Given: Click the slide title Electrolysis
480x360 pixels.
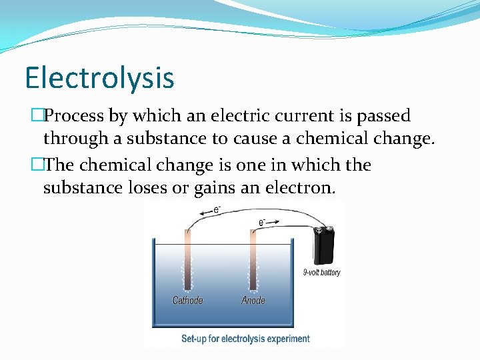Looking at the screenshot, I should [x=99, y=77].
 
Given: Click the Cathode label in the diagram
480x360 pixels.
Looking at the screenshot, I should [x=187, y=301].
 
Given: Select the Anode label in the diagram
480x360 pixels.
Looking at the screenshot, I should [x=253, y=301].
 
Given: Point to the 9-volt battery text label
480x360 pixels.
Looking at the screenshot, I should [x=321, y=273].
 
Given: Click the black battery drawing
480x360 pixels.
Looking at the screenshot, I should [x=325, y=245].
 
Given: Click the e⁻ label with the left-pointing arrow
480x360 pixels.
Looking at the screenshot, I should [x=217, y=209].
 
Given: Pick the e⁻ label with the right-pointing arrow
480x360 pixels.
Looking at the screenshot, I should [x=263, y=222].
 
